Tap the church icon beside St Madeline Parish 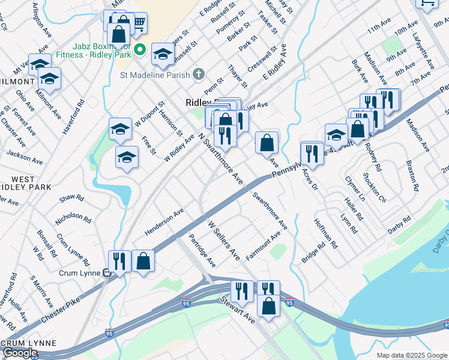pyautogui.click(x=199, y=74)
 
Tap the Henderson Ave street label pyautogui.click(x=164, y=223)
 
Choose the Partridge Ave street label pyautogui.click(x=202, y=251)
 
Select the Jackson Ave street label pyautogui.click(x=25, y=157)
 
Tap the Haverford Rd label pyautogui.click(x=71, y=116)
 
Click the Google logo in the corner pyautogui.click(x=19, y=353)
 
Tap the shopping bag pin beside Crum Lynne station pyautogui.click(x=143, y=262)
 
